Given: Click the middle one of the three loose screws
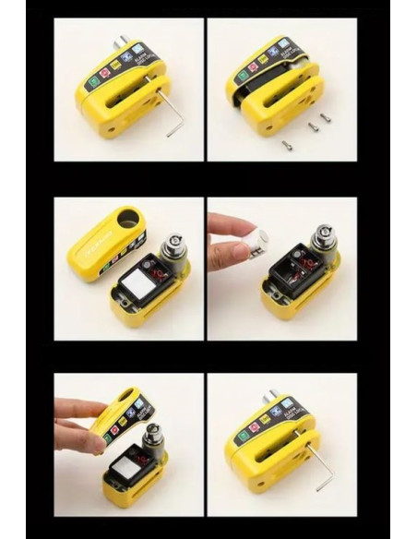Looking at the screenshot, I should pos(314,126).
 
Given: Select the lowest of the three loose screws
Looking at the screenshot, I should pos(287,144).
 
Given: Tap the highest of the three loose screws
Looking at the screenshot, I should pos(327,117).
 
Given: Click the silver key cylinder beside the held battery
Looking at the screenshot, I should pos(326,243).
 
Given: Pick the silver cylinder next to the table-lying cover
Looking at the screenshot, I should pos(173,247).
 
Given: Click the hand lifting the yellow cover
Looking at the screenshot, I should pos(78,425).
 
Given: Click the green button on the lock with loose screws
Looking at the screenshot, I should pos(243,76).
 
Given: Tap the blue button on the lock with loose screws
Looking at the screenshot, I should pos(286,49).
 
